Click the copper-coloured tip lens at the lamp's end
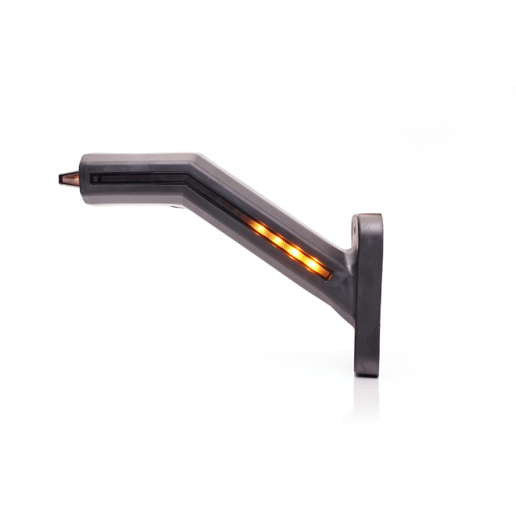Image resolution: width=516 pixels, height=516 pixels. [70, 178]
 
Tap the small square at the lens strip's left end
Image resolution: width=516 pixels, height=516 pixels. [95, 178]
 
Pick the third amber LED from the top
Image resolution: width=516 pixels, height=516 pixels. [295, 252]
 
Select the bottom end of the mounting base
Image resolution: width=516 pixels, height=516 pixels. [366, 373]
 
